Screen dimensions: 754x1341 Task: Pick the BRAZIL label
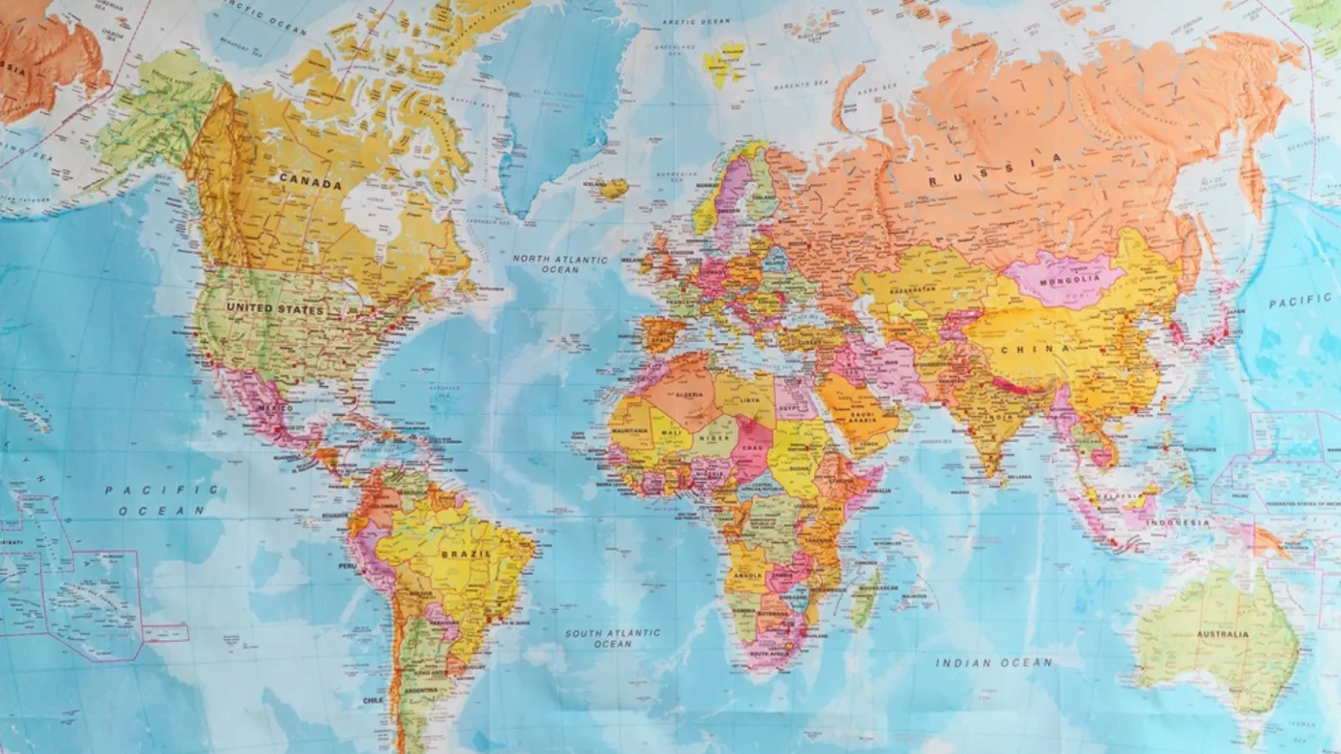(466, 554)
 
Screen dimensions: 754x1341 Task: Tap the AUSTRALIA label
(1220, 634)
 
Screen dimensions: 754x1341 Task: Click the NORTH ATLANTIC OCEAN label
(559, 264)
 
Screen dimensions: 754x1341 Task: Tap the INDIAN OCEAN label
(993, 662)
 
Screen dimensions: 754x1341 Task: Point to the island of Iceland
(614, 188)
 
